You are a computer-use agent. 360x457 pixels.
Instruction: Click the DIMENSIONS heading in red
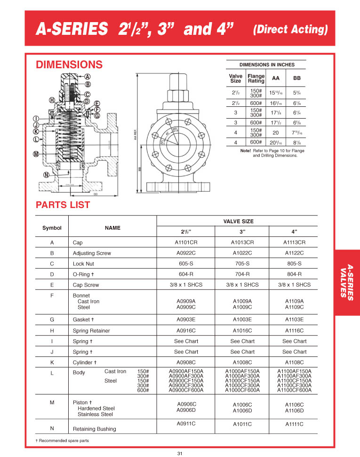pyautogui.click(x=69, y=64)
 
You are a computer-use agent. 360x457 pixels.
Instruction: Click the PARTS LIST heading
pyautogui.click(x=63, y=205)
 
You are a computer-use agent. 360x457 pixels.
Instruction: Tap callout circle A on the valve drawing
pyautogui.click(x=88, y=77)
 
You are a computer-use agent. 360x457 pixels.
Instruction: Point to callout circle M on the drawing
pyautogui.click(x=36, y=154)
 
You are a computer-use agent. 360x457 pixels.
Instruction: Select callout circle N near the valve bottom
pyautogui.click(x=46, y=175)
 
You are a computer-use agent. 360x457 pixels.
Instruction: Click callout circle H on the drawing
pyautogui.click(x=52, y=100)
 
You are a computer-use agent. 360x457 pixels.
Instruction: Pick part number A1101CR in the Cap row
pyautogui.click(x=186, y=243)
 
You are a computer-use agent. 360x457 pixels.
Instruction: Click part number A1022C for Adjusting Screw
pyautogui.click(x=242, y=253)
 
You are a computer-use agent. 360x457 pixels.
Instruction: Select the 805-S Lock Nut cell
pyautogui.click(x=294, y=264)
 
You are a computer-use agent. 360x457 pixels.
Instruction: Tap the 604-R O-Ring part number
pyautogui.click(x=186, y=274)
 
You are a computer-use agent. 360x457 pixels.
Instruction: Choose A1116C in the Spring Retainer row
pyautogui.click(x=294, y=331)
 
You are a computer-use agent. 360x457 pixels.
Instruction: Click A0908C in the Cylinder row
pyautogui.click(x=186, y=363)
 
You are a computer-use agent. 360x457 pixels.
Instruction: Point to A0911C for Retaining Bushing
pyautogui.click(x=186, y=424)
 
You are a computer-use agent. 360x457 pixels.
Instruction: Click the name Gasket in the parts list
pyautogui.click(x=82, y=320)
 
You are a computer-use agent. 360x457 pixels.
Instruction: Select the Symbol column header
pyautogui.click(x=52, y=228)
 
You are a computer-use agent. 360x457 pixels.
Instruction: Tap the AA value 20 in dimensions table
pyautogui.click(x=275, y=133)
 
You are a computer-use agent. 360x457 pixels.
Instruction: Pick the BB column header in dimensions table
pyautogui.click(x=296, y=78)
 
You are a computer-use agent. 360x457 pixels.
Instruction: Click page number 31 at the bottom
pyautogui.click(x=180, y=453)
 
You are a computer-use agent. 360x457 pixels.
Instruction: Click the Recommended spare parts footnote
pyautogui.click(x=62, y=441)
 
